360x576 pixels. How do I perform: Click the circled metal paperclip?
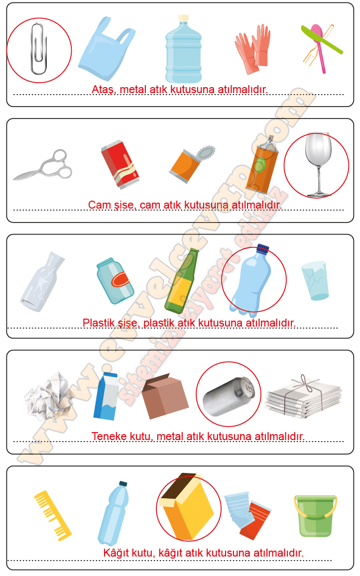click(x=38, y=48)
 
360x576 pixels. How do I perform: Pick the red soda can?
click(x=120, y=164)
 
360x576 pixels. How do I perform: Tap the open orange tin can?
click(x=191, y=164)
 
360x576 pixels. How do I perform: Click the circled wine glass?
click(x=318, y=165)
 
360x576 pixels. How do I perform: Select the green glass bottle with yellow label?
click(x=181, y=281)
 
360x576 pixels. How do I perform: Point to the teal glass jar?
click(x=115, y=281)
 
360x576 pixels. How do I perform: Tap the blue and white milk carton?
click(x=106, y=396)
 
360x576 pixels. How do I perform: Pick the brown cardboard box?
click(x=165, y=396)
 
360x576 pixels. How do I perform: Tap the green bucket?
click(x=315, y=515)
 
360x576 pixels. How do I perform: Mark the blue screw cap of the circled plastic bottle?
click(x=263, y=249)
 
